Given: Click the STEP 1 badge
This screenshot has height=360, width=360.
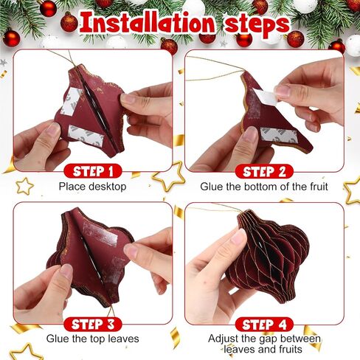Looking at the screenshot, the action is click(x=93, y=171).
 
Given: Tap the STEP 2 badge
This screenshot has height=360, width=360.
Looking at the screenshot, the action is click(x=264, y=171).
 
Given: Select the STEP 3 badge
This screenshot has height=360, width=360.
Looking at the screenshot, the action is click(x=93, y=324).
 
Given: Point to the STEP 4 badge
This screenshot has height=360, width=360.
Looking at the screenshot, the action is click(x=264, y=325).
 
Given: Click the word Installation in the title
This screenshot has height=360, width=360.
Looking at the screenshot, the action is click(x=148, y=24).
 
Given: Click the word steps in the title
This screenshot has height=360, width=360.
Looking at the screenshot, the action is click(x=257, y=24).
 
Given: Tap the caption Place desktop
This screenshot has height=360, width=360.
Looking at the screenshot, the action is click(x=92, y=187).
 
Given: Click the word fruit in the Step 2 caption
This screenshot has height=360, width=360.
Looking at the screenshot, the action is click(x=319, y=187).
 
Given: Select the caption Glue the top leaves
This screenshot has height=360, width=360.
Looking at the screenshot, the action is click(x=92, y=339).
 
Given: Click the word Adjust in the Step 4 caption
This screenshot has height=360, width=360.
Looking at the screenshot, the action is click(x=224, y=339).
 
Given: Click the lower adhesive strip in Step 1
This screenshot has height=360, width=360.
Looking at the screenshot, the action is click(x=86, y=136).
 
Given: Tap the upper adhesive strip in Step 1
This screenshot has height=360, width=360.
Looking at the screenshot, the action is click(x=72, y=101).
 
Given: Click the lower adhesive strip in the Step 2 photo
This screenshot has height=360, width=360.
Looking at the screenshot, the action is click(x=279, y=134).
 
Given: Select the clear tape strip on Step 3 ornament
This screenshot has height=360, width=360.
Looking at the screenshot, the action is click(x=100, y=234).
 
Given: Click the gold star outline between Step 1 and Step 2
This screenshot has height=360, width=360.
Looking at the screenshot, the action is click(x=169, y=176).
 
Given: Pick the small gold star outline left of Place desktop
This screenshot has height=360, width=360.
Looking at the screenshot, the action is click(x=24, y=186).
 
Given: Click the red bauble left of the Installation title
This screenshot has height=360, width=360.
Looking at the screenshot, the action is click(x=69, y=22).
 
